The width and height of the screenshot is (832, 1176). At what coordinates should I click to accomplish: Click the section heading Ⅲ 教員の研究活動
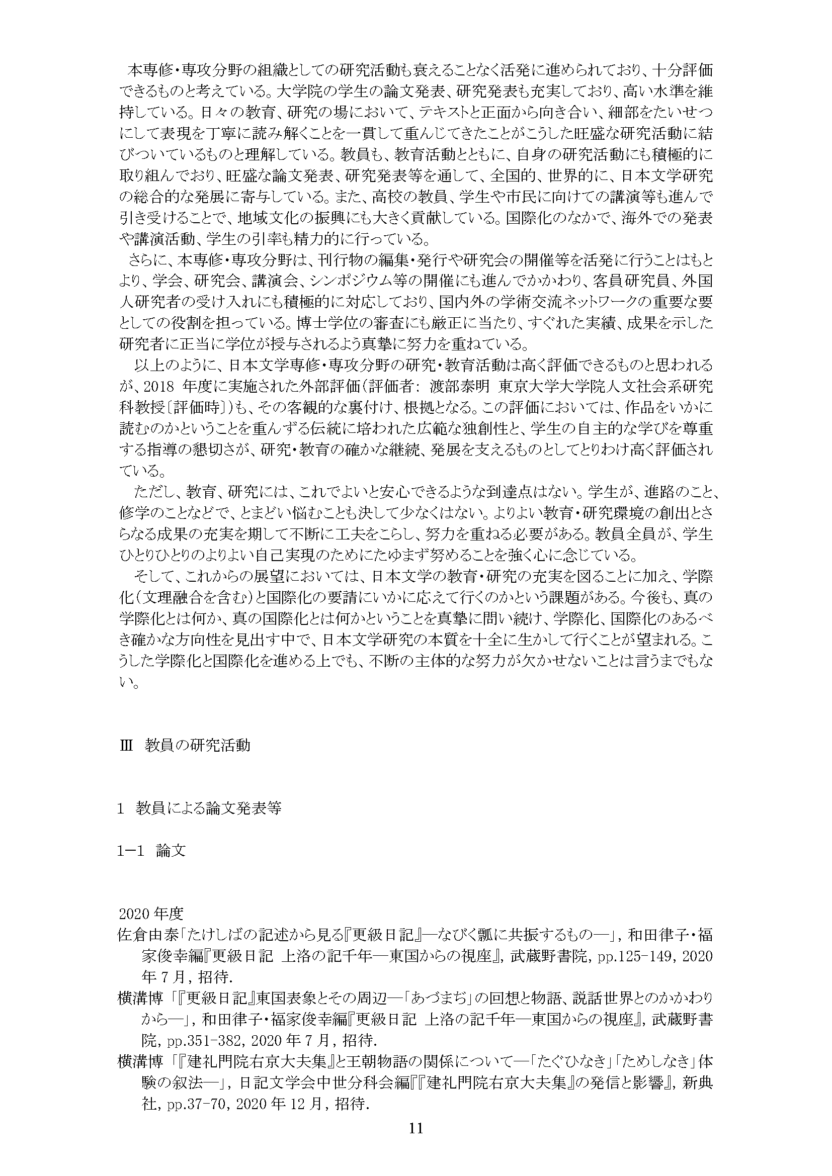[x=185, y=745]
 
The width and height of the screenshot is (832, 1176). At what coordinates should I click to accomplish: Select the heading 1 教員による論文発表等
[x=199, y=809]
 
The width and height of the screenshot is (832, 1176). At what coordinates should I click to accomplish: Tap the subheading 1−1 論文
[x=151, y=851]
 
